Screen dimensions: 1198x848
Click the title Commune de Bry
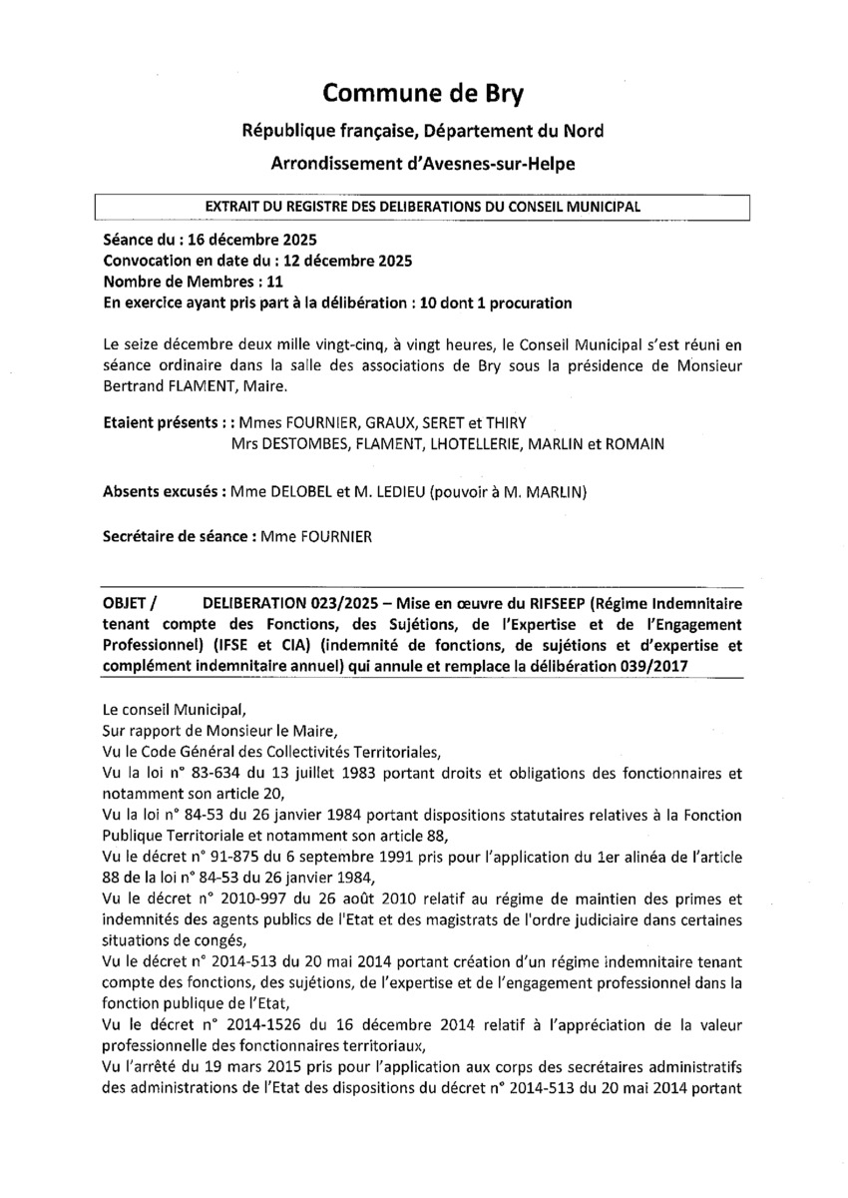[x=423, y=95]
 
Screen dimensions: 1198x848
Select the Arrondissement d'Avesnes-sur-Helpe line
[x=423, y=163]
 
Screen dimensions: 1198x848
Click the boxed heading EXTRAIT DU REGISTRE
[x=422, y=207]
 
